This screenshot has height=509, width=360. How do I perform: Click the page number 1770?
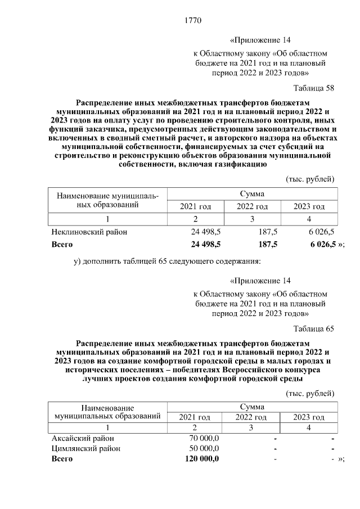(x=193, y=21)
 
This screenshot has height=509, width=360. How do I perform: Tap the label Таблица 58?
(x=314, y=88)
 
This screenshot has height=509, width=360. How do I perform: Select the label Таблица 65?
(x=314, y=329)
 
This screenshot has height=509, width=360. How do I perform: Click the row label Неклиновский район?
(x=89, y=232)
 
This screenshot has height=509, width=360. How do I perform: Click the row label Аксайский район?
(x=82, y=438)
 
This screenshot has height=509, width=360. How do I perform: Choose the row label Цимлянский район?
(x=85, y=449)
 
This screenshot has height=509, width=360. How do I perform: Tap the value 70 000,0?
(x=204, y=438)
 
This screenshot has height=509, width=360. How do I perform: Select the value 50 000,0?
(x=204, y=449)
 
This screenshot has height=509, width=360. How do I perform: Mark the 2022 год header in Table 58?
(x=252, y=207)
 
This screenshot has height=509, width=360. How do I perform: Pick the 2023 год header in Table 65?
(x=309, y=417)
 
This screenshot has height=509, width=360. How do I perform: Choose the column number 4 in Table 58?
(x=309, y=219)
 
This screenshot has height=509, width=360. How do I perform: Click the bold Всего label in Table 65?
(x=62, y=459)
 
